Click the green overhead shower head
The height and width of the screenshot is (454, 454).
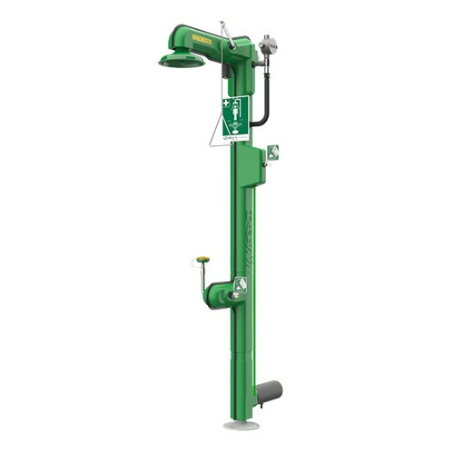(x=182, y=60)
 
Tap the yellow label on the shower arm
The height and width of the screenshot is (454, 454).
(x=202, y=39)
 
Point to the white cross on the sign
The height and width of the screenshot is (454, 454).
(x=226, y=103)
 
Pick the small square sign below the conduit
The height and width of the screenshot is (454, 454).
(x=273, y=152)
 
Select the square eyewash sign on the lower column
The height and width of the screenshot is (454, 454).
(x=240, y=285)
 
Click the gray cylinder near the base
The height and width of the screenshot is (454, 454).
(x=269, y=392)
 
